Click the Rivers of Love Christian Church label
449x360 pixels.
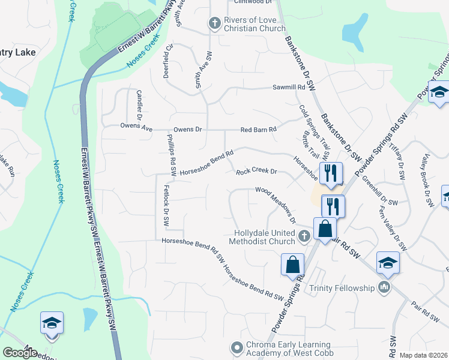click(255, 24)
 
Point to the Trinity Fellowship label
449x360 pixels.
click(342, 288)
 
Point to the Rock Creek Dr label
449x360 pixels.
click(256, 172)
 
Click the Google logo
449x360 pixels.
click(20, 352)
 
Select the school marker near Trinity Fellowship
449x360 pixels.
click(388, 263)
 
